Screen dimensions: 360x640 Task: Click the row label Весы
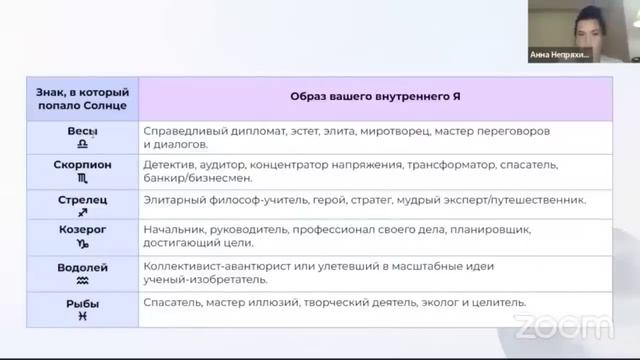[x=82, y=131]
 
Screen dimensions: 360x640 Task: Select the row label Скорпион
[x=82, y=163]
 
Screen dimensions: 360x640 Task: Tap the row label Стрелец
[x=82, y=200]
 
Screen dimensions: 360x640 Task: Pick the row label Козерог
[x=82, y=229]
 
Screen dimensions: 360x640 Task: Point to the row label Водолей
[x=82, y=268]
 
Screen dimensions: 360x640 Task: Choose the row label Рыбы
[x=82, y=301]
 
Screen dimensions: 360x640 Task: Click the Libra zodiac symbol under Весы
[x=82, y=145]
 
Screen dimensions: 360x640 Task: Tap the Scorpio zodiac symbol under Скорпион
[x=82, y=177]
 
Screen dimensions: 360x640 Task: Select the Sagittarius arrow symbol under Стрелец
[x=82, y=213]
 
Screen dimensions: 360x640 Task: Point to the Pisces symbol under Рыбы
[x=82, y=315]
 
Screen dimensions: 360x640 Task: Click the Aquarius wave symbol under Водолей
[x=82, y=282]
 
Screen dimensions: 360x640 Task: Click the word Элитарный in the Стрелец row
[x=174, y=200]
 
